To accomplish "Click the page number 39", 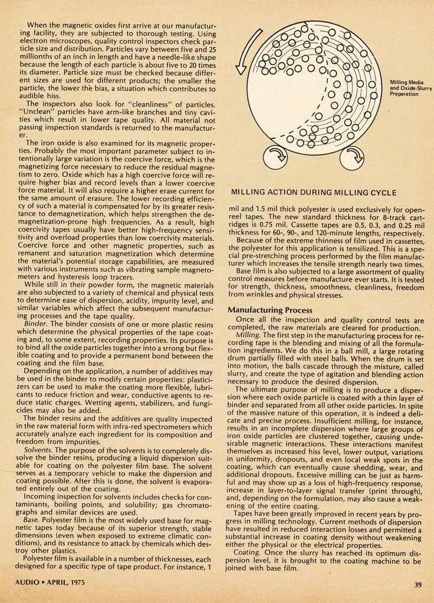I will tap(417, 585).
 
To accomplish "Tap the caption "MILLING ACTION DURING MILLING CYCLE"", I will tap(313, 192).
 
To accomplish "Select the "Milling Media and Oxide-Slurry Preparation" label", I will tap(410, 88).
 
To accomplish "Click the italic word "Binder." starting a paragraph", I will tap(39, 324).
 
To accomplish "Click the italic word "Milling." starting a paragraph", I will tap(248, 335).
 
